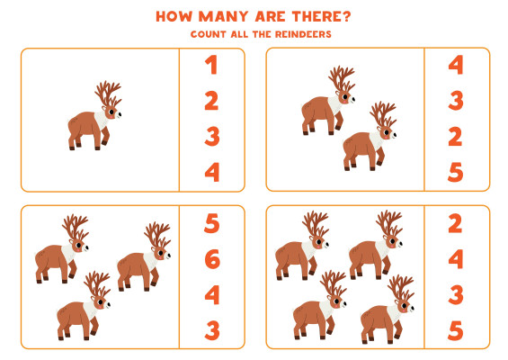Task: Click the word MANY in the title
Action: pyautogui.click(x=223, y=16)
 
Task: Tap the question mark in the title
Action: pyautogui.click(x=346, y=16)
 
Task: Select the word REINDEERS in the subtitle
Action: pyautogui.click(x=303, y=34)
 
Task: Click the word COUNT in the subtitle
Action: pyautogui.click(x=208, y=34)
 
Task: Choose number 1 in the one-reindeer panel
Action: pyautogui.click(x=211, y=65)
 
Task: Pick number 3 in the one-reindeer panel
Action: pyautogui.click(x=212, y=136)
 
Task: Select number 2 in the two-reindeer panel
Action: pyautogui.click(x=455, y=137)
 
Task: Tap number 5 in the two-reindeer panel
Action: pyautogui.click(x=455, y=172)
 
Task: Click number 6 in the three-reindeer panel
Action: pyautogui.click(x=212, y=259)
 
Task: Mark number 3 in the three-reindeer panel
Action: pyautogui.click(x=212, y=330)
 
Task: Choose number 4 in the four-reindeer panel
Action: pyautogui.click(x=456, y=259)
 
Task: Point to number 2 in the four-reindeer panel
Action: pyautogui.click(x=455, y=223)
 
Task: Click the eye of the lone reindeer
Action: pyautogui.click(x=111, y=112)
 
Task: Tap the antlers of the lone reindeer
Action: pyautogui.click(x=108, y=94)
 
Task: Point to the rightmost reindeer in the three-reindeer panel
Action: pyautogui.click(x=144, y=256)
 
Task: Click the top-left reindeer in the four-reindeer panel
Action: pyautogui.click(x=302, y=246)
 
